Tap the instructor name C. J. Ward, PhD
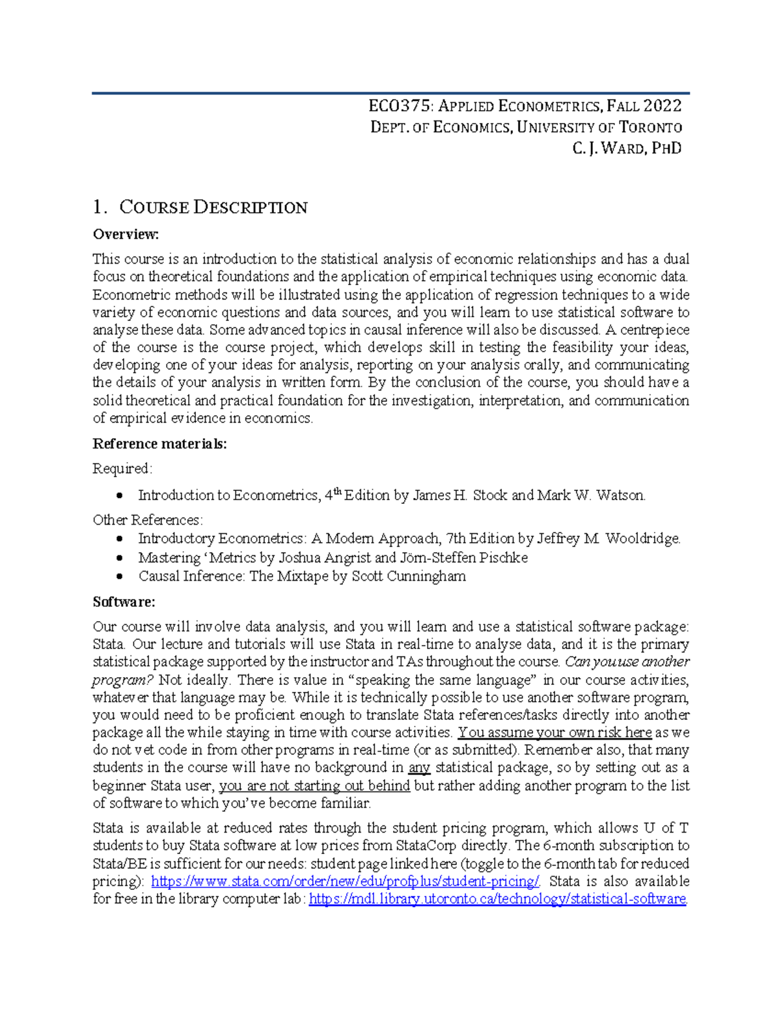click(x=627, y=148)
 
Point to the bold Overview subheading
click(x=126, y=234)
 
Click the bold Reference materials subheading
click(x=159, y=444)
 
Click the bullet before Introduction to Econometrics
click(x=119, y=496)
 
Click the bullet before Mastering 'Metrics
click(x=119, y=559)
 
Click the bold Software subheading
click(x=124, y=602)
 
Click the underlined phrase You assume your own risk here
click(x=555, y=733)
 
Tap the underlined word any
click(x=419, y=768)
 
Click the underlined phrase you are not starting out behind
click(x=314, y=786)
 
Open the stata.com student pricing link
click(x=345, y=882)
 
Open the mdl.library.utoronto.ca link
click(x=497, y=900)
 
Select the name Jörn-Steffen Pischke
click(x=463, y=559)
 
